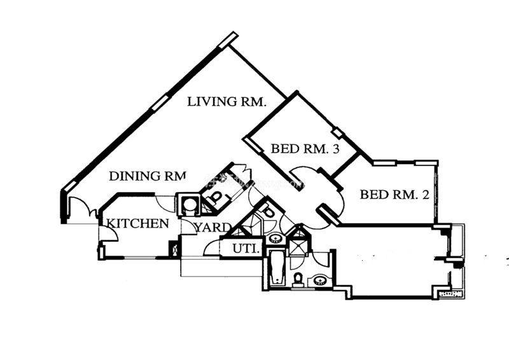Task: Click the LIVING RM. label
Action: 227,102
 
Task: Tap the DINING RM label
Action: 147,176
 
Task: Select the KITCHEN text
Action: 137,224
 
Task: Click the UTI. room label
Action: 245,249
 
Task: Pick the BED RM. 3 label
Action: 305,149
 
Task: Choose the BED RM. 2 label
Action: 394,195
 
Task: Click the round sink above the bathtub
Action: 275,239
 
